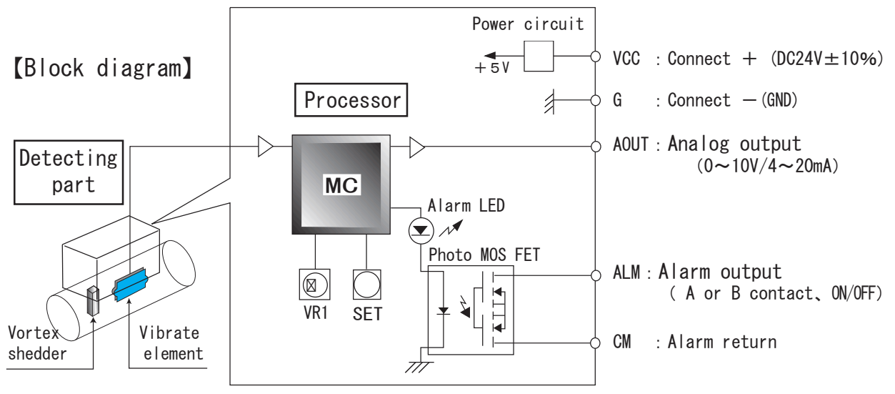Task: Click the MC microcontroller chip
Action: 341,184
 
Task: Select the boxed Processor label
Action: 351,100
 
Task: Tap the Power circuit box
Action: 539,56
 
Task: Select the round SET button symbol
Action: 366,284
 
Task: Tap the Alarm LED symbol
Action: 421,230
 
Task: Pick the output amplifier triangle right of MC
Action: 417,148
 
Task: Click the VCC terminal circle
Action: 596,56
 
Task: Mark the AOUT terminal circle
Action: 596,147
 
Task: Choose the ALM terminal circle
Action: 596,274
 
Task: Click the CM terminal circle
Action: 596,342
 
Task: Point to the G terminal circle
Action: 596,100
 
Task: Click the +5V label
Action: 491,69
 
